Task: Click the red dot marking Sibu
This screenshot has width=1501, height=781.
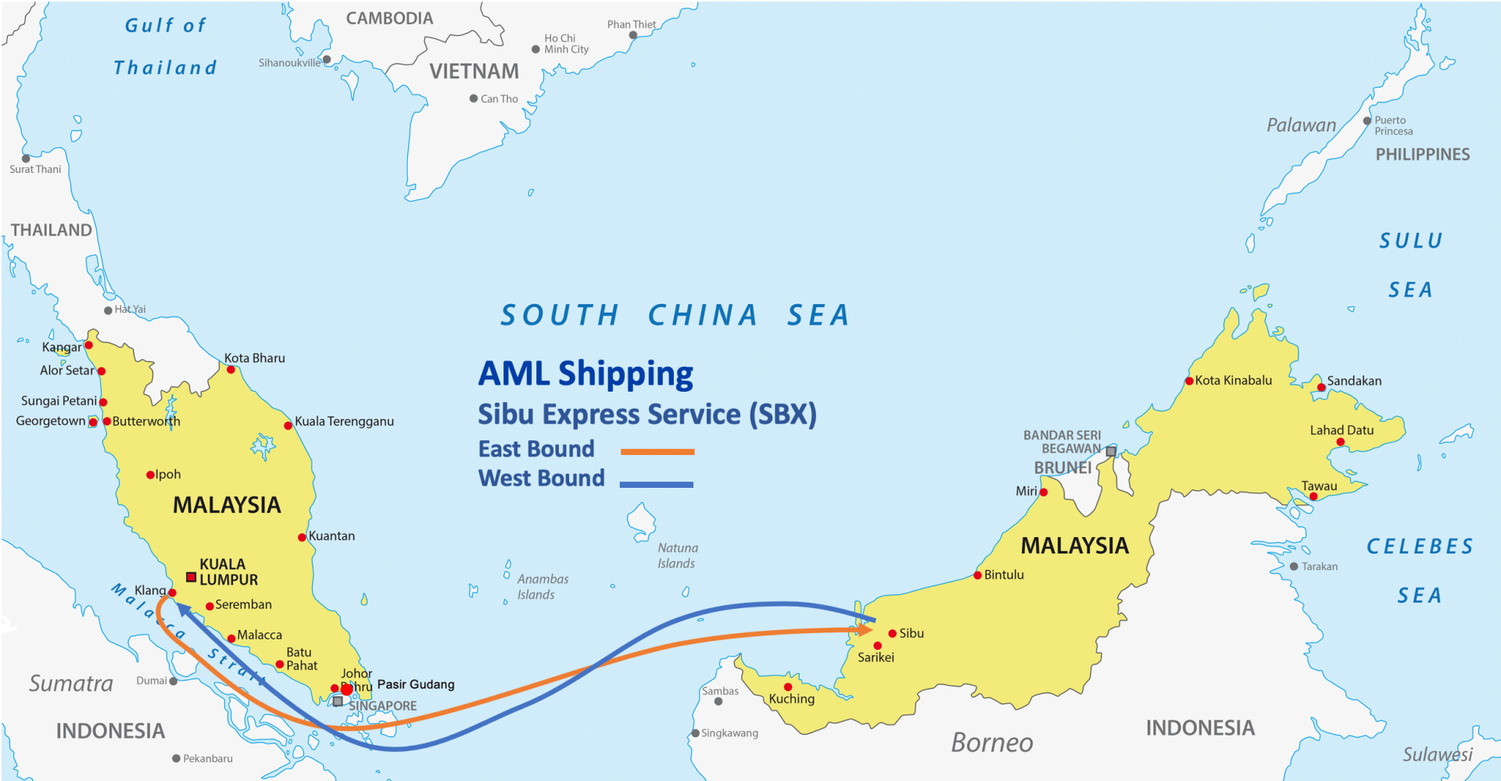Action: pos(892,633)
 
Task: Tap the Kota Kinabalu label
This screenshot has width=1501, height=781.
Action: pos(1233,381)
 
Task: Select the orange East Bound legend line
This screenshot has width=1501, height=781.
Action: pos(657,451)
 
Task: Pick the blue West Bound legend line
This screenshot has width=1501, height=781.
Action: pos(656,485)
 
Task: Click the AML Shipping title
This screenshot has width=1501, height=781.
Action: pos(586,374)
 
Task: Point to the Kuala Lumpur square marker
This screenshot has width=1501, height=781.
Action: pos(191,577)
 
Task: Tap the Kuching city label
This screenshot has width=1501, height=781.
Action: pos(791,699)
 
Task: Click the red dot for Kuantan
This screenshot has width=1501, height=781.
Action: pos(302,537)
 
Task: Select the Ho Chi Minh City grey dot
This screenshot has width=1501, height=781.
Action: pos(536,49)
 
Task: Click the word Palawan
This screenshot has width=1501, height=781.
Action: pos(1301,125)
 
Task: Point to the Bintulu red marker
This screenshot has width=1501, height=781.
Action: pos(977,575)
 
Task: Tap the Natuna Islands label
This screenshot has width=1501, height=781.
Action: pos(677,556)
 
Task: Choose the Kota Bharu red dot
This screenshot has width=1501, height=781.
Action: pos(231,370)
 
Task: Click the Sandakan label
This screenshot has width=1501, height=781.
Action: pos(1354,381)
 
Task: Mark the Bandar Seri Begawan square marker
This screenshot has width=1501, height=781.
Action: pos(1111,452)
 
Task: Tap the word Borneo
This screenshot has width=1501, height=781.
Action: pos(991,743)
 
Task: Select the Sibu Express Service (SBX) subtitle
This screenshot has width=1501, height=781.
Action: pos(647,414)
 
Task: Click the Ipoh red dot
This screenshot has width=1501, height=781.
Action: pos(150,475)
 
